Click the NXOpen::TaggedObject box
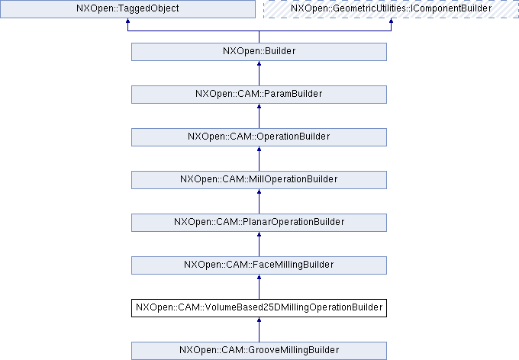click(127, 9)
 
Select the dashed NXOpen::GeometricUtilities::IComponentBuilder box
click(392, 9)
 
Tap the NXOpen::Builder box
click(259, 52)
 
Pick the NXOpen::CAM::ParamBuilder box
click(259, 95)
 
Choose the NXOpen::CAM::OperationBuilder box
click(259, 137)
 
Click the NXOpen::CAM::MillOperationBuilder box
click(259, 180)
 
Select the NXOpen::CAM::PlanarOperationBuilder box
click(259, 223)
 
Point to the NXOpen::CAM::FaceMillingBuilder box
click(259, 265)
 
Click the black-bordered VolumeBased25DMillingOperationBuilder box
click(259, 307)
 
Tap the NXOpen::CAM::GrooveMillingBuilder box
click(259, 351)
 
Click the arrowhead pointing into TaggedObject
click(127, 21)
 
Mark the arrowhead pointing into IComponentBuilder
click(392, 21)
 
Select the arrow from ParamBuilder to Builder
click(259, 73)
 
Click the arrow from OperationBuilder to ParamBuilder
click(259, 116)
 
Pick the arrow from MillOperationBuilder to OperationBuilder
click(259, 159)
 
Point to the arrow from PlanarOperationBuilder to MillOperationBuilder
click(259, 201)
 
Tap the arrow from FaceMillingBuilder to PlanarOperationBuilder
click(259, 244)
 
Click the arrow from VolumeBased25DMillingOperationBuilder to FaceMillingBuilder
click(259, 287)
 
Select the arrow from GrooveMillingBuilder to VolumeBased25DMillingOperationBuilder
click(259, 329)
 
